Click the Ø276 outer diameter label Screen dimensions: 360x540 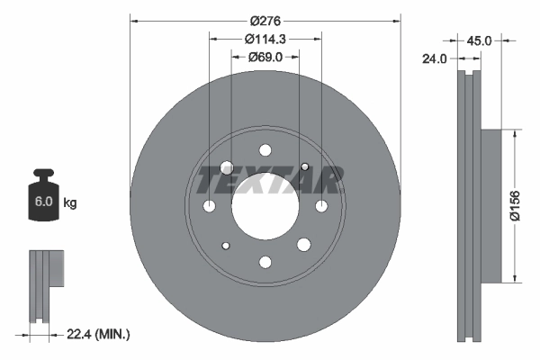click(265, 19)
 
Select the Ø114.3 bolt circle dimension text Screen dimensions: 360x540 click(265, 39)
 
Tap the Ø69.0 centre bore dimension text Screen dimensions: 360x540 click(265, 57)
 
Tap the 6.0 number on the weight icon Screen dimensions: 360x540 click(43, 202)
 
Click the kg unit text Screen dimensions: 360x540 click(70, 203)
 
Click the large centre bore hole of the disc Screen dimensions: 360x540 click(265, 206)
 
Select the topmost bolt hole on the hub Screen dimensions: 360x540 click(265, 151)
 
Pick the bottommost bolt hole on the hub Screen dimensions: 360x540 click(265, 262)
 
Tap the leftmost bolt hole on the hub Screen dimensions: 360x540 click(210, 207)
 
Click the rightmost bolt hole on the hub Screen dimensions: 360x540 click(320, 207)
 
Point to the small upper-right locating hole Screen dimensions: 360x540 click(305, 167)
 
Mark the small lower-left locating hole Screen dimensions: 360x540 click(226, 247)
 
